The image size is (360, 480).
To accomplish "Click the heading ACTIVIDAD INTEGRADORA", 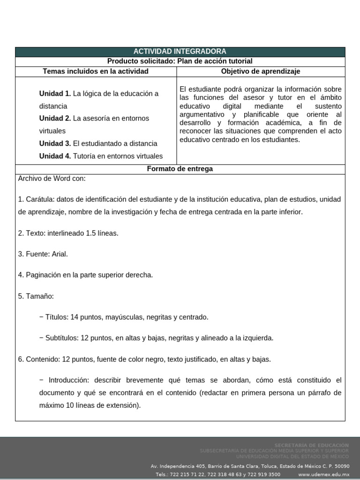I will pos(180,52).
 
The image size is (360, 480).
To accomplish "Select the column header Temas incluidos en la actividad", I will pos(96,71).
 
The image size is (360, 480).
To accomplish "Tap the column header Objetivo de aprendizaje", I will pos(261,71).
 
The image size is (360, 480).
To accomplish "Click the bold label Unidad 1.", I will pos(55,93).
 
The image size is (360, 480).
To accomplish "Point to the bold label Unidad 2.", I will pos(55,118).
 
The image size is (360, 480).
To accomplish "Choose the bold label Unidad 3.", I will pos(55,143).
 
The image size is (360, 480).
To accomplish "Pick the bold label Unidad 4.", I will pos(55,156).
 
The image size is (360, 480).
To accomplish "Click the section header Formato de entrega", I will pos(180,169).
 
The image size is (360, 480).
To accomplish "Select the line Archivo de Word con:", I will pos(52,179).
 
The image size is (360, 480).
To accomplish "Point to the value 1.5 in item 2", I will pos(92,233).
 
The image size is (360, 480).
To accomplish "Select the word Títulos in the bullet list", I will pos(57,317).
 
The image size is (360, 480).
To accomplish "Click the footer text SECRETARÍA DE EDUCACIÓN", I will pos(311,445).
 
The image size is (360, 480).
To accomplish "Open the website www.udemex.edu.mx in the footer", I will pos(323,474).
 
